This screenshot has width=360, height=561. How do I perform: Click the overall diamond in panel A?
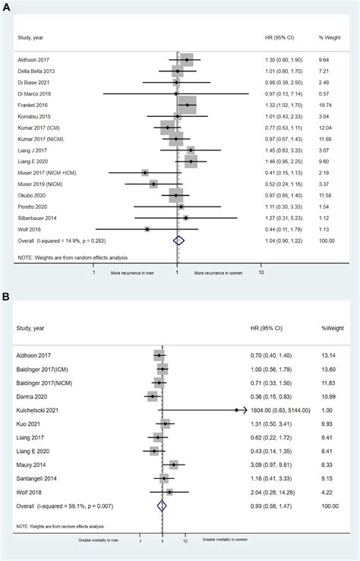click(x=178, y=240)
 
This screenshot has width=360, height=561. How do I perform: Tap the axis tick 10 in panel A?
click(x=261, y=271)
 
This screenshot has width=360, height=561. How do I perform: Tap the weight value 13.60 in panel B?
click(x=332, y=369)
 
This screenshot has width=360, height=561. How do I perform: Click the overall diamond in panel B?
click(x=161, y=505)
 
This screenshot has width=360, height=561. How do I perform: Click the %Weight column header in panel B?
click(x=331, y=328)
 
